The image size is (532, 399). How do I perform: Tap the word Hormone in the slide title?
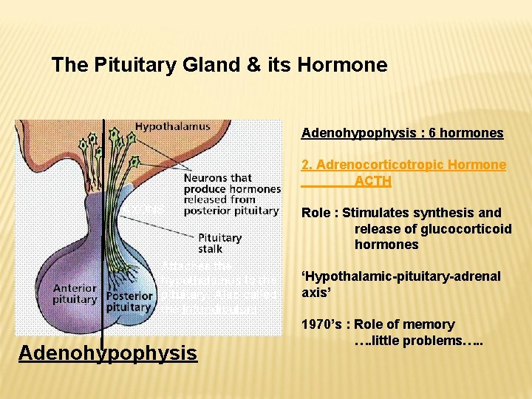(343, 65)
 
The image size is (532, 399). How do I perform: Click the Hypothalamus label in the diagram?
(172, 126)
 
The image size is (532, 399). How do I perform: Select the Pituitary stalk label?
(219, 243)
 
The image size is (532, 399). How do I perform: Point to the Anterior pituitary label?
(75, 294)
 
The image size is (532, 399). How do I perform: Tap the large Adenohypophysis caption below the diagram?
(108, 353)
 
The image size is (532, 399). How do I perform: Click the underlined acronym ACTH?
(372, 181)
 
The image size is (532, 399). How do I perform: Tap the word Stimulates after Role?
(384, 213)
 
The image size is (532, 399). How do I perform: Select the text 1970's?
(320, 324)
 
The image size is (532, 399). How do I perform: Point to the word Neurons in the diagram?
(207, 177)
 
